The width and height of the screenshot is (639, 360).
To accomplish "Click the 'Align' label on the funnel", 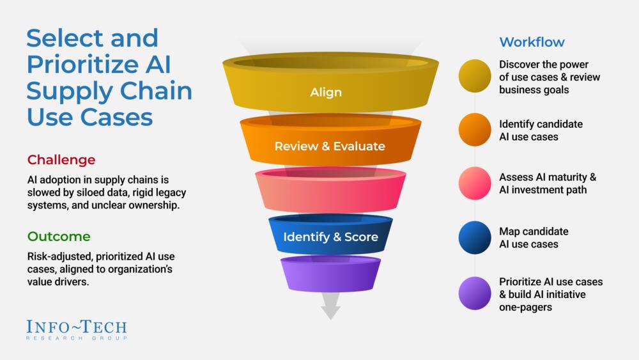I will [326, 92].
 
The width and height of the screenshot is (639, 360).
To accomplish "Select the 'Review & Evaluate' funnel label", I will [330, 146].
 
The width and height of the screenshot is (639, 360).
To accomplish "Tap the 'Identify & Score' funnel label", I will [330, 237].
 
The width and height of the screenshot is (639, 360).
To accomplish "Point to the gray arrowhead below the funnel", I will [330, 311].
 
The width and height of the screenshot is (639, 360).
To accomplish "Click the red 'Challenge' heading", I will [61, 159].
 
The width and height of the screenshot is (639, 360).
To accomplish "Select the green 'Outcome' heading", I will [59, 237].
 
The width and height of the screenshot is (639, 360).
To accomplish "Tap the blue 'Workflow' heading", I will [532, 42].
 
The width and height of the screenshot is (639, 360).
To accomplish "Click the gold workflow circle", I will [475, 76].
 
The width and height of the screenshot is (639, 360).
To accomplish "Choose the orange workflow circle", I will [475, 129].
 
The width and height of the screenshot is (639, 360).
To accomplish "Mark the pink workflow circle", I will [475, 183].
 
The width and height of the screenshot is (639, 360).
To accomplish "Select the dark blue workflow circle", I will [475, 237].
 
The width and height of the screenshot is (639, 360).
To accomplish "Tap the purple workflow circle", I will [475, 293].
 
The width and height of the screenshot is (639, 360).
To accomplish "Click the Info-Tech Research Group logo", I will [77, 329].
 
